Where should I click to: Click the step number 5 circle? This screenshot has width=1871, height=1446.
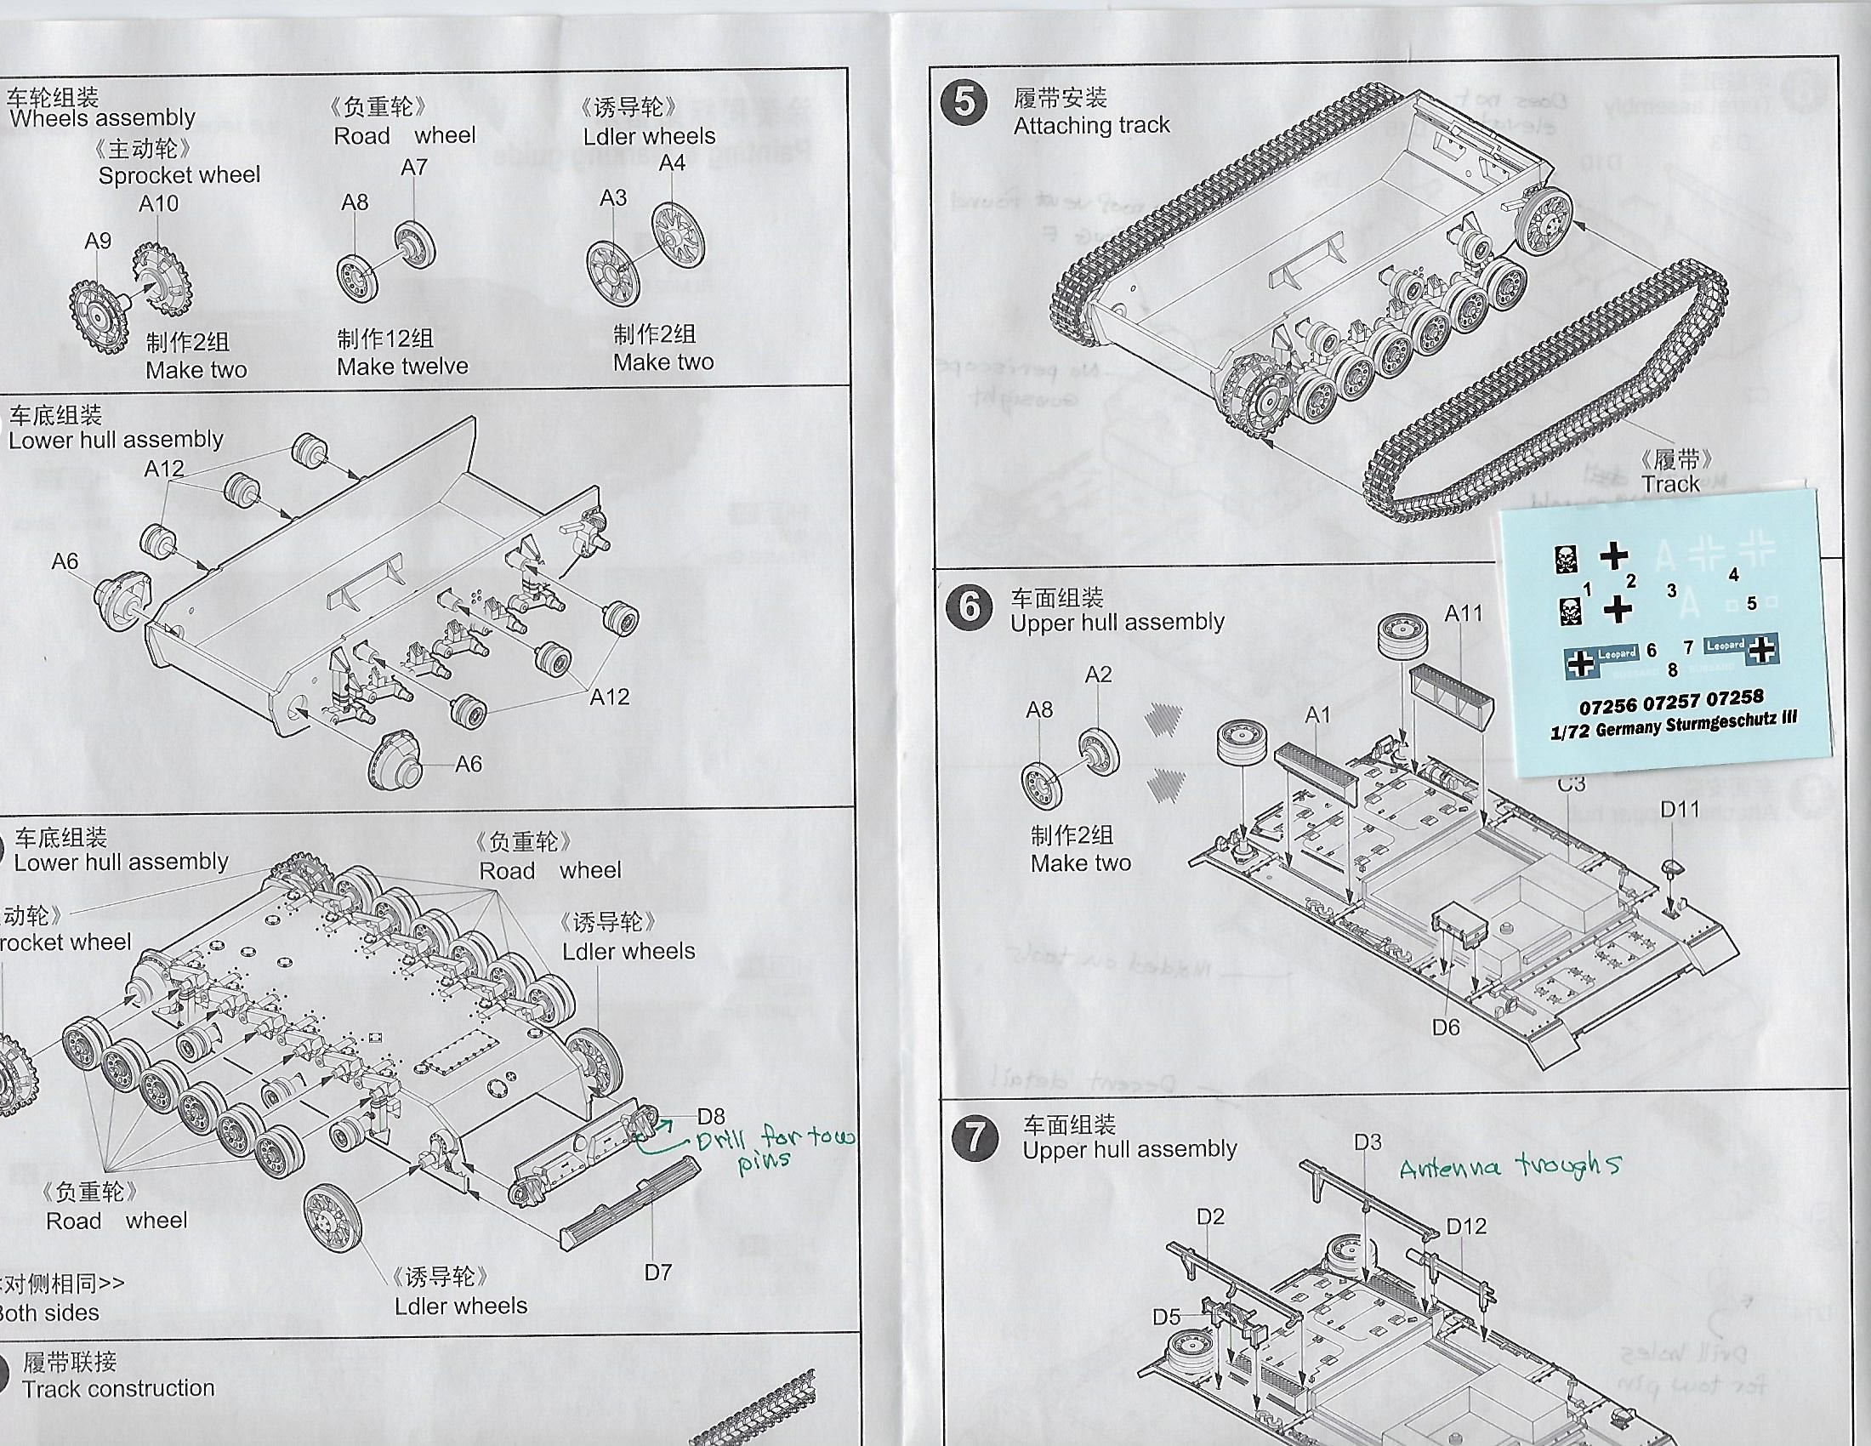[x=964, y=103]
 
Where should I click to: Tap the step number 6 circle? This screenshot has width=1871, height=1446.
[x=969, y=607]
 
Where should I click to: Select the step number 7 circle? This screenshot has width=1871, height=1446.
[x=975, y=1138]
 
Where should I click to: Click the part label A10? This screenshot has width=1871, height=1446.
[x=158, y=204]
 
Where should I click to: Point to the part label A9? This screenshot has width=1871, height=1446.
[x=98, y=241]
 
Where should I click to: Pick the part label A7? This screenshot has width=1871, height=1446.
[x=414, y=167]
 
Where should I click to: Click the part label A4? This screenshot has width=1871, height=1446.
[x=672, y=162]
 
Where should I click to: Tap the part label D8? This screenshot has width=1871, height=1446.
[x=710, y=1115]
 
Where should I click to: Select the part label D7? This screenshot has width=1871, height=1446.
[x=657, y=1272]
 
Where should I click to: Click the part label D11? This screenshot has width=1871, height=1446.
[x=1679, y=809]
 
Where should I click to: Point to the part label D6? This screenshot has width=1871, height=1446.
[x=1445, y=1027]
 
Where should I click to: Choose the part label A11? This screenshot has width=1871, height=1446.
[x=1463, y=613]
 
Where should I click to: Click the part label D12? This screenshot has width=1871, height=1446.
[x=1466, y=1226]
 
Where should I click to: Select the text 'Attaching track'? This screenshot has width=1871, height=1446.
[x=1090, y=125]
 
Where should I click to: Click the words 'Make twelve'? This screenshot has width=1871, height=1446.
[x=401, y=367]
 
